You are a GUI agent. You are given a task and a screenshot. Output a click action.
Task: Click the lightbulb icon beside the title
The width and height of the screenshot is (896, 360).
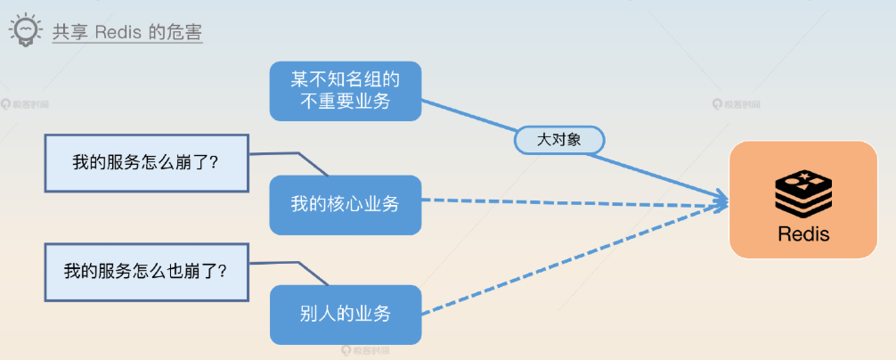[25, 32]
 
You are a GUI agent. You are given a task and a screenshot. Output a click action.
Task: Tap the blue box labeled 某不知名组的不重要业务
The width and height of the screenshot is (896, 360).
[345, 90]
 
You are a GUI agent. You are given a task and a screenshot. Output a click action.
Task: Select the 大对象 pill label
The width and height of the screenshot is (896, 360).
[559, 140]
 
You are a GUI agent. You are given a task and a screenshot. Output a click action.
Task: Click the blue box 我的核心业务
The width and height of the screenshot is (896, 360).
[345, 204]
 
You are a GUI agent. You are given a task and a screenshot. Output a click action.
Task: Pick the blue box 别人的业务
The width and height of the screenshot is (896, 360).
[345, 314]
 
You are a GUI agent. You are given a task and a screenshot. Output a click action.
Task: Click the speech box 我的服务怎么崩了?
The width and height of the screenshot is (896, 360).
[146, 163]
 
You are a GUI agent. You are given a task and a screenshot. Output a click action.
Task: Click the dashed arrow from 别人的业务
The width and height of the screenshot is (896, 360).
[570, 261]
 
